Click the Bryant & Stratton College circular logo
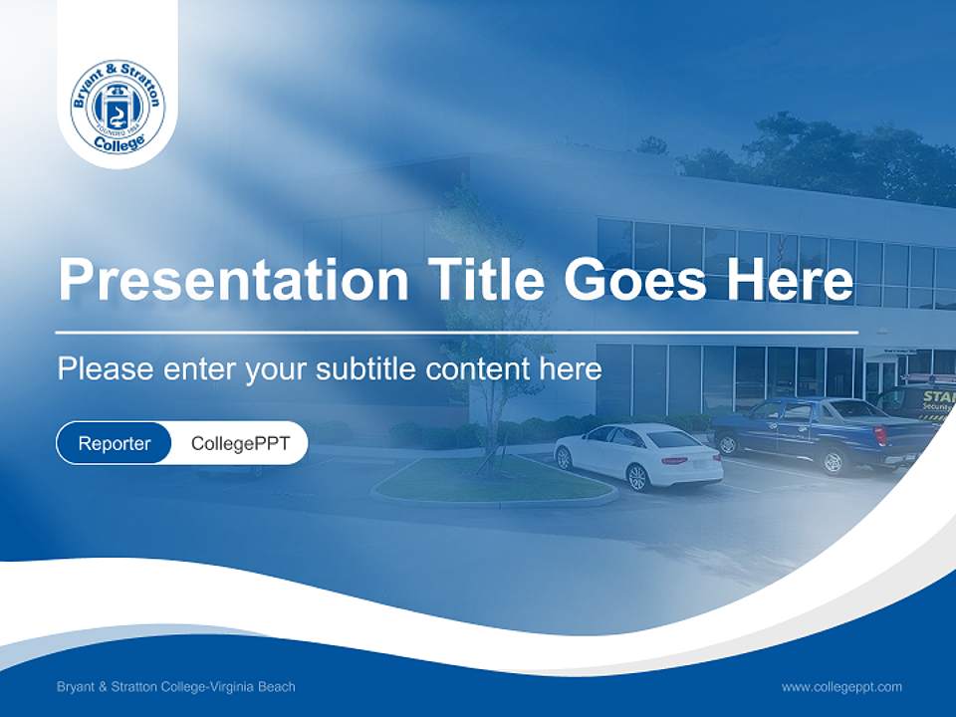118,108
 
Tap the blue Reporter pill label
114,443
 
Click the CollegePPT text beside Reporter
240,443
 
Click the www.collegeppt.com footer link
841,686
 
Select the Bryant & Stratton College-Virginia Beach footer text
176,686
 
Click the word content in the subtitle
480,369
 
